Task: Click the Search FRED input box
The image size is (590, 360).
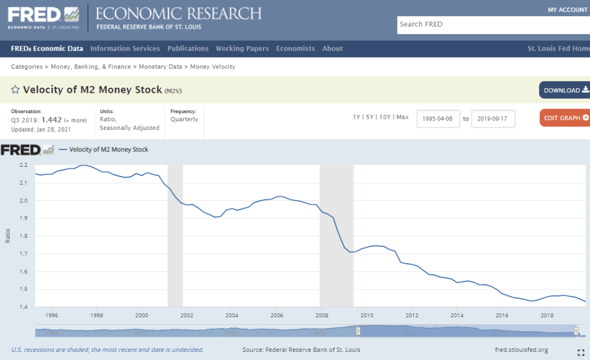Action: pos(493,24)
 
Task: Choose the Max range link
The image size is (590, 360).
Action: pos(402,117)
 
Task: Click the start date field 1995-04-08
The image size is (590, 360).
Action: pos(438,118)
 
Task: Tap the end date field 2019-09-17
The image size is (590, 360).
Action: pos(493,118)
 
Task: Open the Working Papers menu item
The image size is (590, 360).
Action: pos(242,48)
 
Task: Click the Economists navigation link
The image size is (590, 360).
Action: pos(295,48)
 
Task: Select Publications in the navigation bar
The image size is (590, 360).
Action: pos(188,48)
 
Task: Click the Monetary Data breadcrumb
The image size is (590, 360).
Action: pos(160,67)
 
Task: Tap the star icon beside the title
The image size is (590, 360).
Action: pos(16,89)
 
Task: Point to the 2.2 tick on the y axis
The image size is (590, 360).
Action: pos(23,165)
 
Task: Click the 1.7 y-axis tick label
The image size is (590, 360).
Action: pos(23,254)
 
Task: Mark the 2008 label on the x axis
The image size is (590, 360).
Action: pos(321,316)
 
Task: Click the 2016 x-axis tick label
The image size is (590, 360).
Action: pos(502,316)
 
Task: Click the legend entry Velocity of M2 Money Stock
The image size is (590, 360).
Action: pos(108,149)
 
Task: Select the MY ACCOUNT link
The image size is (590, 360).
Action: pos(568,10)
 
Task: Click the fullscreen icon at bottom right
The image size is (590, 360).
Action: pos(581,352)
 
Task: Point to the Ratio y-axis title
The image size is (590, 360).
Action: pos(8,237)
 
